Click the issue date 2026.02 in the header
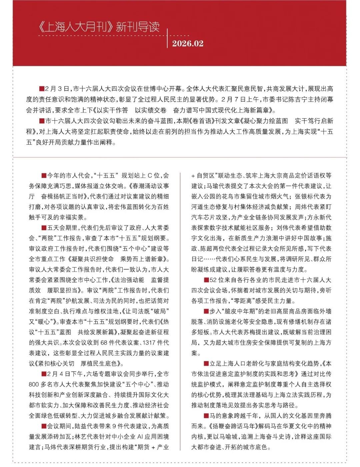coord(187,44)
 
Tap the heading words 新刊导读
coord(137,27)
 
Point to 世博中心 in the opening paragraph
coord(159,89)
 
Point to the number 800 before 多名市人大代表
coord(34,384)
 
